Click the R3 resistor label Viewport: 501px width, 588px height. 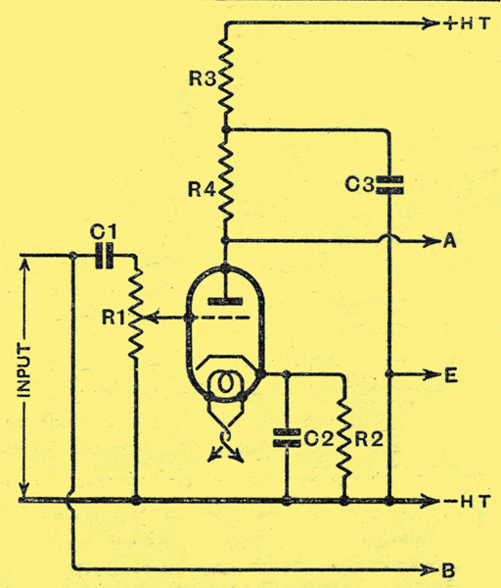pyautogui.click(x=203, y=78)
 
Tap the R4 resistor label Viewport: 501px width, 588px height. pyautogui.click(x=202, y=189)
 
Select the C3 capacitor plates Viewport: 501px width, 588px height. pyautogui.click(x=389, y=185)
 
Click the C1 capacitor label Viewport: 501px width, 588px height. pyautogui.click(x=104, y=232)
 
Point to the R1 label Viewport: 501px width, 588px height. pyautogui.click(x=114, y=318)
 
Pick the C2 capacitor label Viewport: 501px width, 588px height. pyautogui.click(x=318, y=438)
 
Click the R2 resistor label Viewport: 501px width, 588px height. pyautogui.click(x=369, y=438)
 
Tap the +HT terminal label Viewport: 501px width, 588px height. pyautogui.click(x=467, y=24)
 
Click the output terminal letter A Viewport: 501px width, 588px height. pyautogui.click(x=450, y=241)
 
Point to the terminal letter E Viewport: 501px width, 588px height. pyautogui.click(x=451, y=375)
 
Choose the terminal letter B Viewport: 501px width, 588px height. pyautogui.click(x=448, y=571)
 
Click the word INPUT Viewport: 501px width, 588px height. pyautogui.click(x=24, y=370)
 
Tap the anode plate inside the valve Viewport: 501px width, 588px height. pyautogui.click(x=225, y=301)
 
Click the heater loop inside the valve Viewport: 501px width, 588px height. pyautogui.click(x=225, y=383)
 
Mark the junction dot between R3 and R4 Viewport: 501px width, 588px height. pyautogui.click(x=225, y=129)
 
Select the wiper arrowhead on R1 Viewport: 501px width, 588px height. pyautogui.click(x=152, y=318)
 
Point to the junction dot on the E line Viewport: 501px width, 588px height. pyautogui.click(x=389, y=374)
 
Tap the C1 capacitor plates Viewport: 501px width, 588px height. pyautogui.click(x=104, y=256)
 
